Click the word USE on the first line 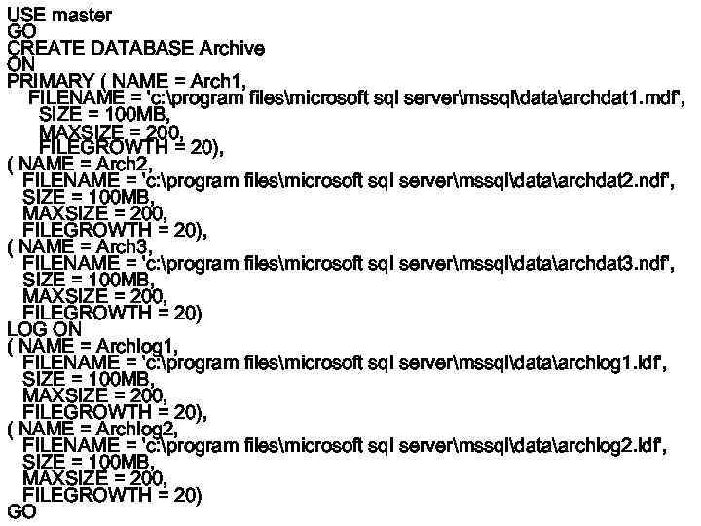(25, 16)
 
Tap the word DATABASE (142, 48)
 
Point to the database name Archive (231, 48)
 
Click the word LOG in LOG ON (24, 329)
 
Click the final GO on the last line (21, 511)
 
